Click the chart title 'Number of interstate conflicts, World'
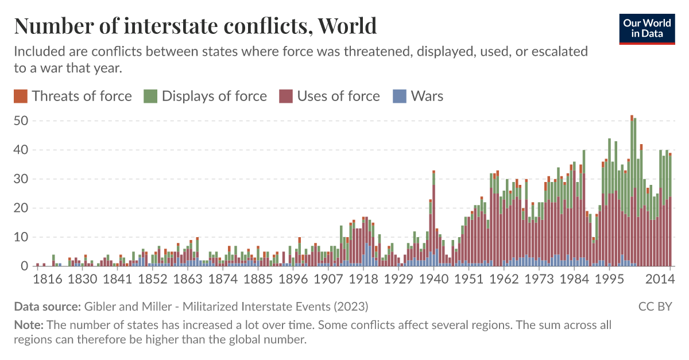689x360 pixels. click(195, 26)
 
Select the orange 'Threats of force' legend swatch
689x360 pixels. click(20, 96)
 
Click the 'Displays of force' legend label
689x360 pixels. click(214, 96)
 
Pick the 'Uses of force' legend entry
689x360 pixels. click(338, 96)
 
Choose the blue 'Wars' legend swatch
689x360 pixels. click(400, 96)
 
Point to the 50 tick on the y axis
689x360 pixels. click(21, 121)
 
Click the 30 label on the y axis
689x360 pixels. click(21, 179)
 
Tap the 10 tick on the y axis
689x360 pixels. click(21, 237)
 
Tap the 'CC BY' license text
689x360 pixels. click(655, 306)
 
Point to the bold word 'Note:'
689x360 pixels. click(29, 325)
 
